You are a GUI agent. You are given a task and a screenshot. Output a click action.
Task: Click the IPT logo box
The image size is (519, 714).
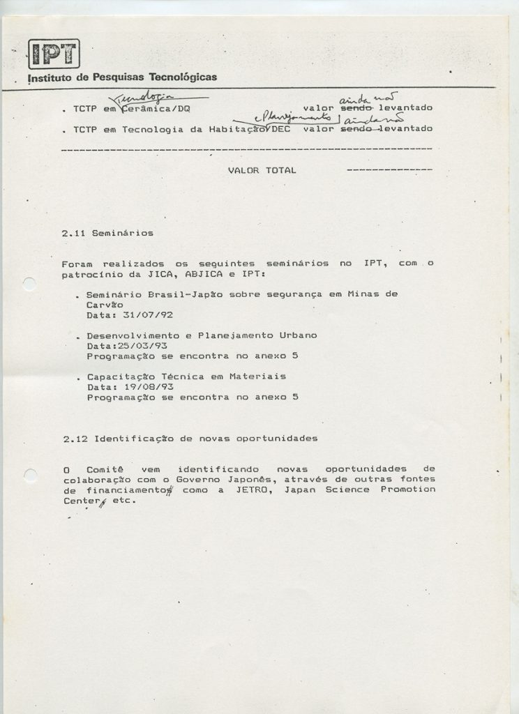[x=54, y=53]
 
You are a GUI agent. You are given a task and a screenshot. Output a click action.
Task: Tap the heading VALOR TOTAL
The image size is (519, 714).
[x=262, y=170]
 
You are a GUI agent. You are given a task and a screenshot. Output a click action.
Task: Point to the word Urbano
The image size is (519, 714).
[x=297, y=335]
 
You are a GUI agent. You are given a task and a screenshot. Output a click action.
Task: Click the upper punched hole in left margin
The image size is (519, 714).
[x=29, y=284]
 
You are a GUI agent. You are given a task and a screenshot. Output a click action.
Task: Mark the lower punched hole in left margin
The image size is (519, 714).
[x=29, y=475]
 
